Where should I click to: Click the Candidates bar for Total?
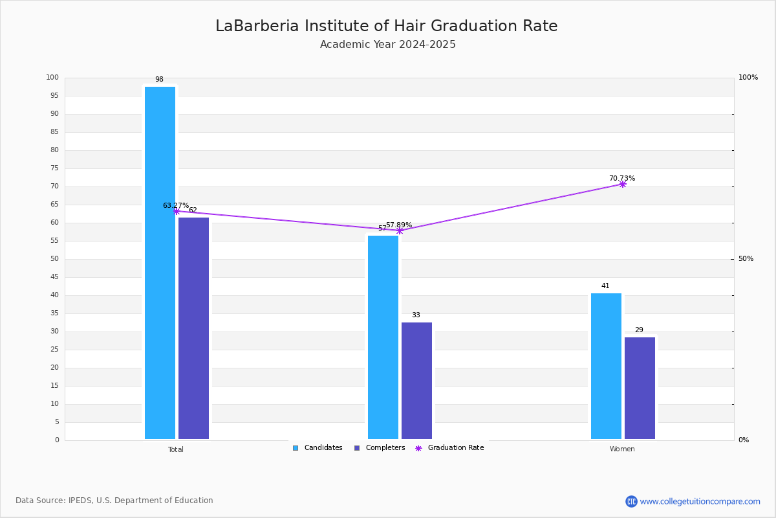pyautogui.click(x=160, y=263)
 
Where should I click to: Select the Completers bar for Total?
pyautogui.click(x=193, y=328)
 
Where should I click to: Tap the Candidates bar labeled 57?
pyautogui.click(x=383, y=337)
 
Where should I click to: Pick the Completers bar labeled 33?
pyautogui.click(x=416, y=381)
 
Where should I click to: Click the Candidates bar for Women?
pyautogui.click(x=607, y=366)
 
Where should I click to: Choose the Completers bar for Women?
pyautogui.click(x=640, y=388)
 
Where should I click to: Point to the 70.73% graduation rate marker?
pyautogui.click(x=623, y=185)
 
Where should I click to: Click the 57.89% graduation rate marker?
pyautogui.click(x=400, y=231)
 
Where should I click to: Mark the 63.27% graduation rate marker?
pyautogui.click(x=177, y=211)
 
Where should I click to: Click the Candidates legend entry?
pyautogui.click(x=318, y=448)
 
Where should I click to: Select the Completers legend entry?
pyautogui.click(x=380, y=448)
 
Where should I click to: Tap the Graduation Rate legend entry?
pyautogui.click(x=449, y=448)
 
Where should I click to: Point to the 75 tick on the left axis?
pyautogui.click(x=55, y=168)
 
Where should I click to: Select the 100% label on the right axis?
pyautogui.click(x=748, y=77)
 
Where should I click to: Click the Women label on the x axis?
pyautogui.click(x=622, y=449)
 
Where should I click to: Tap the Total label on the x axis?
pyautogui.click(x=176, y=449)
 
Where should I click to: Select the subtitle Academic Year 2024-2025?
pyautogui.click(x=387, y=45)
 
